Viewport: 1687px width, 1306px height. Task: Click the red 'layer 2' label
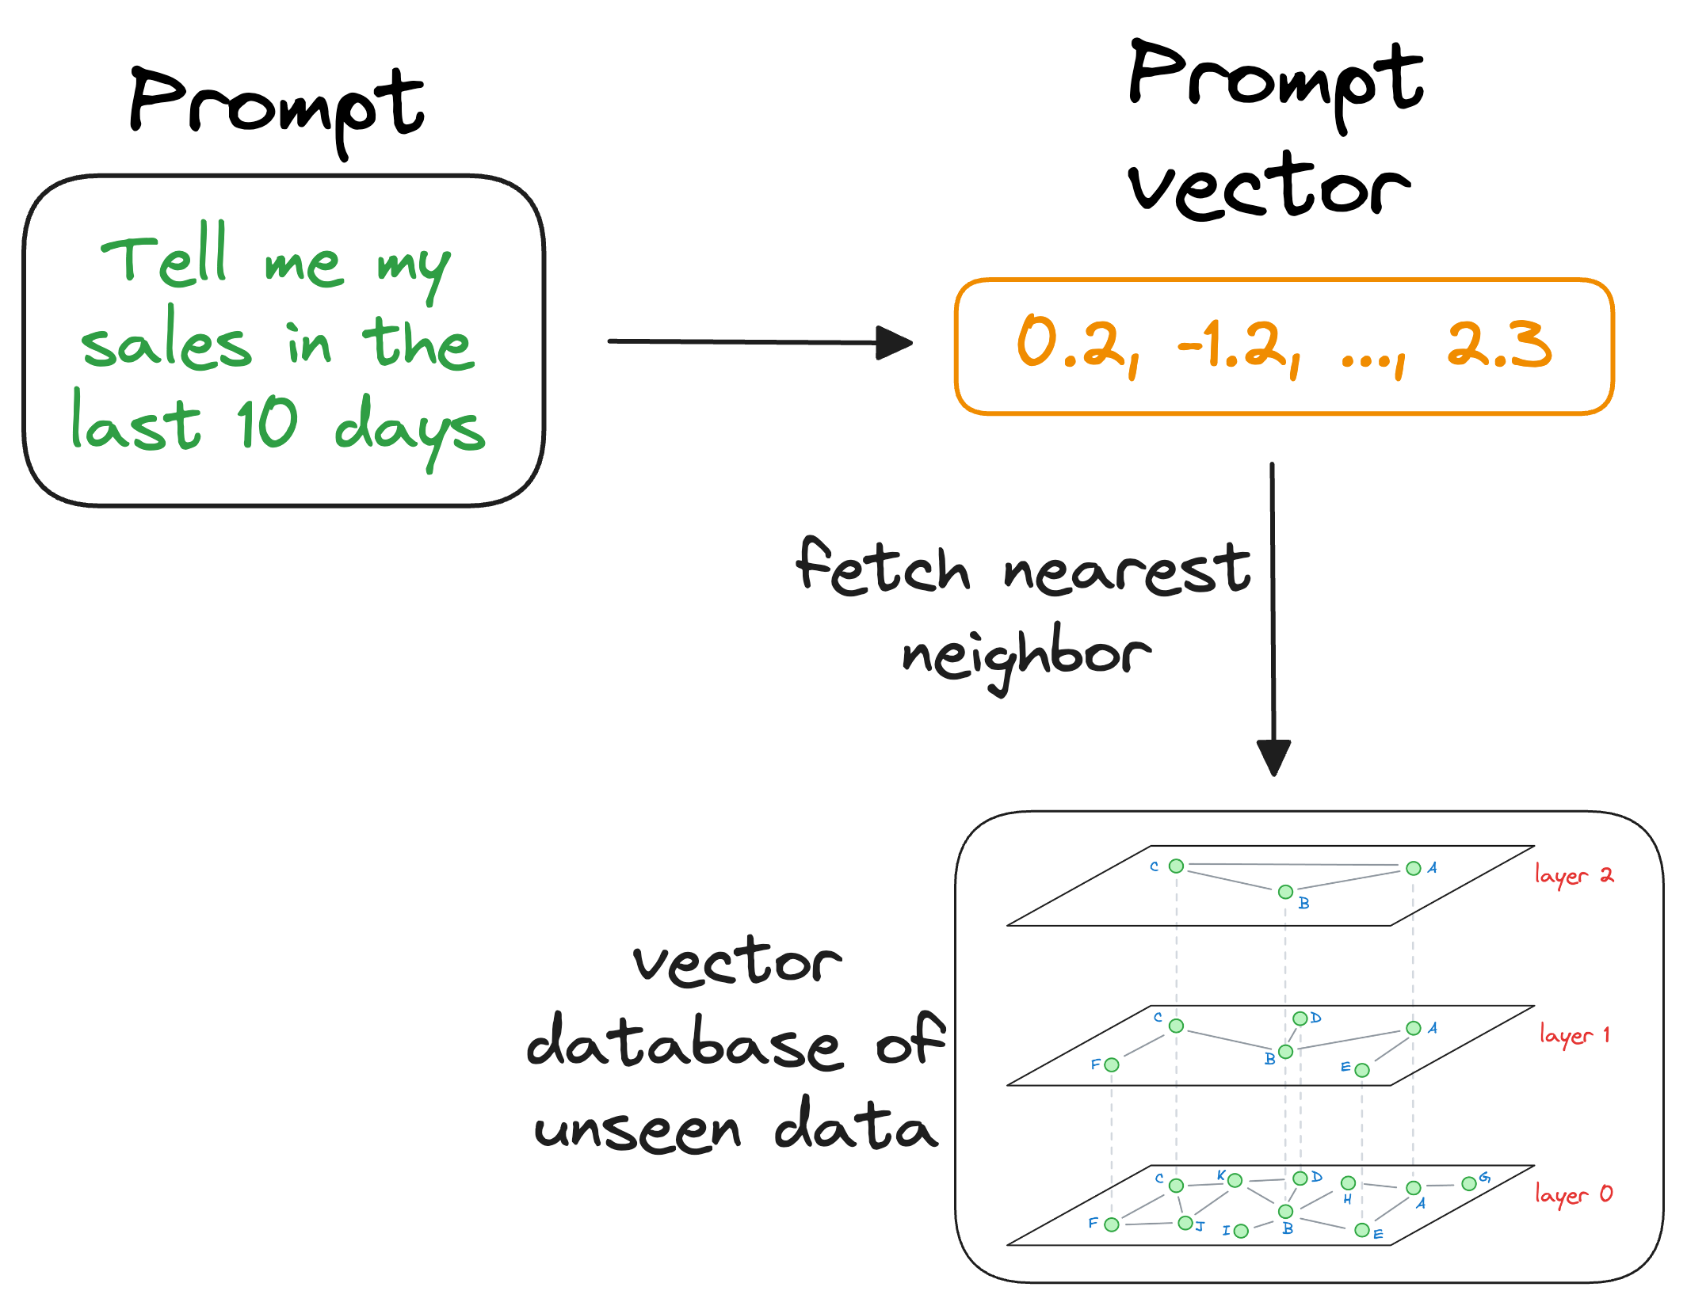tap(1574, 875)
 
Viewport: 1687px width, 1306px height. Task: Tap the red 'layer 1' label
tap(1574, 1034)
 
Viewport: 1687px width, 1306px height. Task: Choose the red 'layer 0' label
tap(1574, 1194)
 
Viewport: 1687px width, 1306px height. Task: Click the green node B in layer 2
tap(1285, 892)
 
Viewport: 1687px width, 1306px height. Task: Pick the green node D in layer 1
tap(1300, 1019)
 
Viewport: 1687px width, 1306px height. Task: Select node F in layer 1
tap(1112, 1065)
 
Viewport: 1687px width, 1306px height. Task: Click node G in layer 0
tap(1468, 1183)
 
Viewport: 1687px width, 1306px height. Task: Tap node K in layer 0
tap(1235, 1181)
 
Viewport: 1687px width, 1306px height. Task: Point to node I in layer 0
tap(1241, 1231)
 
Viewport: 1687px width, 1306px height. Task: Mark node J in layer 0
tap(1185, 1223)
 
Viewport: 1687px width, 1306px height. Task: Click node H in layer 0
tap(1348, 1183)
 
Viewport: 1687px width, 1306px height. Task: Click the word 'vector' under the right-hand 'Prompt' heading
tap(1269, 186)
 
